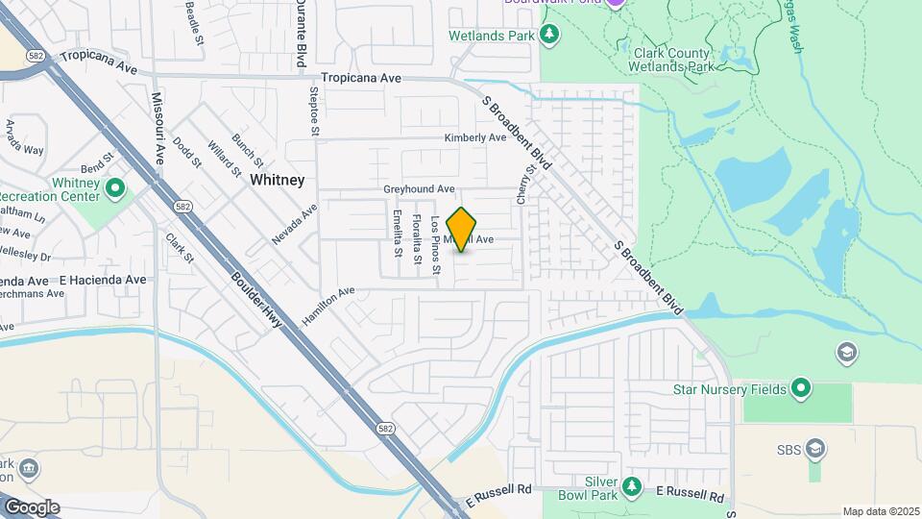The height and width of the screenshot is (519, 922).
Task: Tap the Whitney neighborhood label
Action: [x=277, y=180]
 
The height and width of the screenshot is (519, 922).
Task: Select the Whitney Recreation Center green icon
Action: [x=115, y=186]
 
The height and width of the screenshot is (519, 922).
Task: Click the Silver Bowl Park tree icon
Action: [x=632, y=487]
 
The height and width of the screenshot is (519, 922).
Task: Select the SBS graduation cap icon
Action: [x=815, y=448]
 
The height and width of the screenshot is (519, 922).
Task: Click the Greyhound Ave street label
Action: [x=419, y=189]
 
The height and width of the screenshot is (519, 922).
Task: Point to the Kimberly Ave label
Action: [x=474, y=137]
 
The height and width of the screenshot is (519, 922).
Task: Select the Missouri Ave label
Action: [x=158, y=129]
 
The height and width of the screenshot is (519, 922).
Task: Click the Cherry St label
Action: [x=524, y=183]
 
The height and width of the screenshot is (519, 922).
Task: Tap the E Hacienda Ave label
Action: [x=103, y=280]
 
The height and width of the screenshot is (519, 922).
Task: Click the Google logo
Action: [x=32, y=507]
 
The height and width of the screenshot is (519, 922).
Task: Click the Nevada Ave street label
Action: [x=294, y=225]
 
